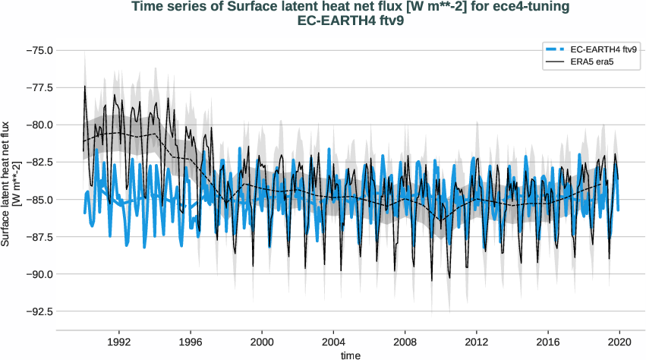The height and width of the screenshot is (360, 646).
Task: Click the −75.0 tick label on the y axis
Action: pyautogui.click(x=38, y=50)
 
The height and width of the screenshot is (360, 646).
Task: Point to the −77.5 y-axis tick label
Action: pyautogui.click(x=38, y=87)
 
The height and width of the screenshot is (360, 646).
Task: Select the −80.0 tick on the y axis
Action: pyautogui.click(x=38, y=125)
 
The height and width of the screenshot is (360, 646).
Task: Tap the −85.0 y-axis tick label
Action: pyautogui.click(x=38, y=200)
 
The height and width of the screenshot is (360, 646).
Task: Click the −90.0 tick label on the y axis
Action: pyautogui.click(x=38, y=274)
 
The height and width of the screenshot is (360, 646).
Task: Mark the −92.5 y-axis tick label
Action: pyautogui.click(x=38, y=311)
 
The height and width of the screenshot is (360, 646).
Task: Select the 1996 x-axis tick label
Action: pyautogui.click(x=191, y=343)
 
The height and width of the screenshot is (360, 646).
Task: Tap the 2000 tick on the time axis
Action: pyautogui.click(x=263, y=343)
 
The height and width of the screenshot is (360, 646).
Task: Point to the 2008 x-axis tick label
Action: pyautogui.click(x=405, y=343)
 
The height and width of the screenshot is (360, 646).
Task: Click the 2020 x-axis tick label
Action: pyautogui.click(x=620, y=343)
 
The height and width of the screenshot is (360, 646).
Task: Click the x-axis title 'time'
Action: pyautogui.click(x=351, y=355)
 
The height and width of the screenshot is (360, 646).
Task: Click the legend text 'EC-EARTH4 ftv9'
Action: pyautogui.click(x=603, y=49)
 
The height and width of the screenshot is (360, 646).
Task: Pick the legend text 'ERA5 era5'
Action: pyautogui.click(x=591, y=62)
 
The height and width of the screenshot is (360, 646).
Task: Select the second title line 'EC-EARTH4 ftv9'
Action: pyautogui.click(x=351, y=21)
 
